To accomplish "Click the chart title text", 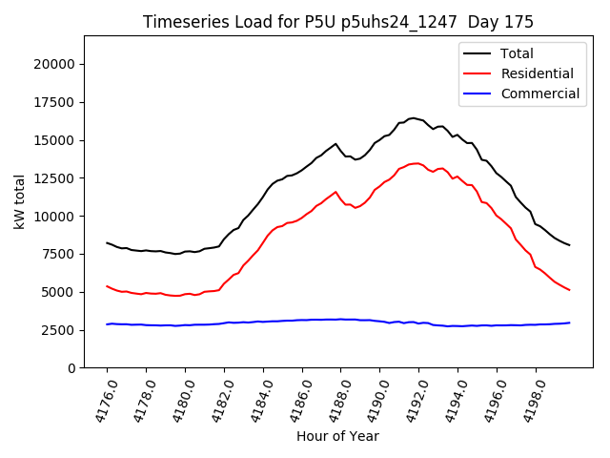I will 338,22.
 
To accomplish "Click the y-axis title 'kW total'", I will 20,201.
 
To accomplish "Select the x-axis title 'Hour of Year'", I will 337,436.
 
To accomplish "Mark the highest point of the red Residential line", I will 416,163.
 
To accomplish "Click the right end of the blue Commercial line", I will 569,323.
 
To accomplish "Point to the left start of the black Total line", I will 107,242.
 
